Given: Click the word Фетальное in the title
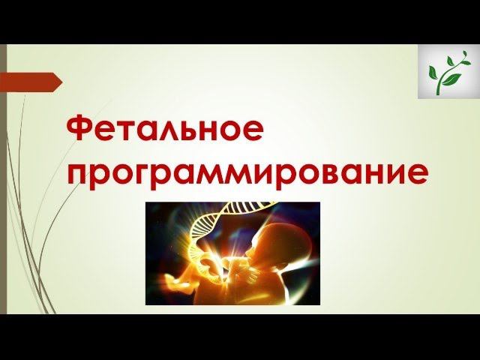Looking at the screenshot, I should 165,130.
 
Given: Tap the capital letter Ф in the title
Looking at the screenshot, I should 82,130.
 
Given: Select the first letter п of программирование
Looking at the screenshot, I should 79,175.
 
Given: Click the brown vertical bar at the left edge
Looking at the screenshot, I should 3,180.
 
